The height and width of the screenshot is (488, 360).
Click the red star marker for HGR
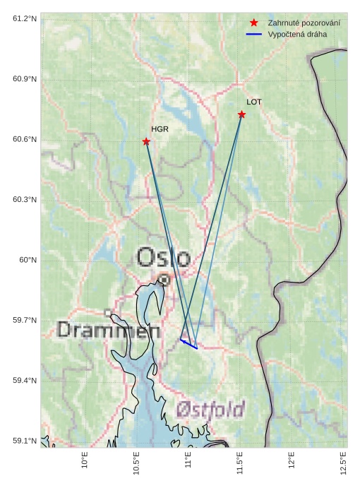(x=146, y=141)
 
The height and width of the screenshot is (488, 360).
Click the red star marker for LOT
(x=241, y=114)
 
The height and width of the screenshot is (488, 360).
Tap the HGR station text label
(x=160, y=129)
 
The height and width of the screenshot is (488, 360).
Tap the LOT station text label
(x=254, y=102)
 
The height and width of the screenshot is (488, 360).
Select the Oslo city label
(x=163, y=258)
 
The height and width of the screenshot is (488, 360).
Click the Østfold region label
(x=210, y=410)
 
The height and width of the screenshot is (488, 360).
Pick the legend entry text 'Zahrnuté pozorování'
(x=304, y=23)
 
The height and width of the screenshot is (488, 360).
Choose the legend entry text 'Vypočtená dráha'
(x=297, y=34)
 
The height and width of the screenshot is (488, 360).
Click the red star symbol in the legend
(x=254, y=23)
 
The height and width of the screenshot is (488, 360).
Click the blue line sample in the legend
(x=254, y=34)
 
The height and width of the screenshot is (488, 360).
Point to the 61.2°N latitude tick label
(x=25, y=18)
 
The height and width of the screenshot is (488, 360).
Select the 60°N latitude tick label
(x=28, y=260)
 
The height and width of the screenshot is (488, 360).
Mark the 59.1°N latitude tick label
(x=25, y=441)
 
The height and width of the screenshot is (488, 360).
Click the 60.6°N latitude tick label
(x=25, y=139)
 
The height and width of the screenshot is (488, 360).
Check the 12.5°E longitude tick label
(x=344, y=463)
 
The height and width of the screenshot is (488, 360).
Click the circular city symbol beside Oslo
(x=164, y=280)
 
